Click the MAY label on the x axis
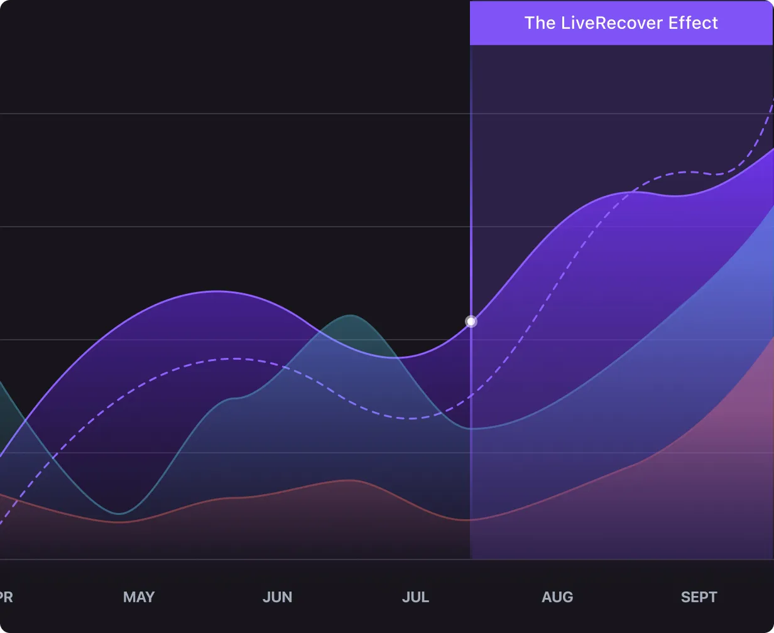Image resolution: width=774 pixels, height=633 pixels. tap(139, 597)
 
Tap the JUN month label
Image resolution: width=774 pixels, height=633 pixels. tap(277, 597)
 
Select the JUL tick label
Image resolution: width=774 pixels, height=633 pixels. tap(415, 597)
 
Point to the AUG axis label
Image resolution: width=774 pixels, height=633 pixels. tap(557, 597)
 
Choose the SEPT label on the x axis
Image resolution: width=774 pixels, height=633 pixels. tap(699, 597)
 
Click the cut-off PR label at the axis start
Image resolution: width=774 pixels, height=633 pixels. tap(6, 597)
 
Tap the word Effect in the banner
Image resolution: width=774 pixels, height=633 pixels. tap(693, 23)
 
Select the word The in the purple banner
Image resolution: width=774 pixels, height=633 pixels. tap(540, 23)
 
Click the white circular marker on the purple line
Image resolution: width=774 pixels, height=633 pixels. tap(471, 322)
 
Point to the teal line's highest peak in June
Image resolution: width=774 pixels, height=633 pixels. tap(350, 315)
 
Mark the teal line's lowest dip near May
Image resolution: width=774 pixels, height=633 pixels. tap(119, 514)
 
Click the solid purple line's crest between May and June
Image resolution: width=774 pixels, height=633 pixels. tap(216, 291)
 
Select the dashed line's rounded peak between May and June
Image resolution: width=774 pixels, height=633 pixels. tap(234, 359)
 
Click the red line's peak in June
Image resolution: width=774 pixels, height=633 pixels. tap(347, 480)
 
